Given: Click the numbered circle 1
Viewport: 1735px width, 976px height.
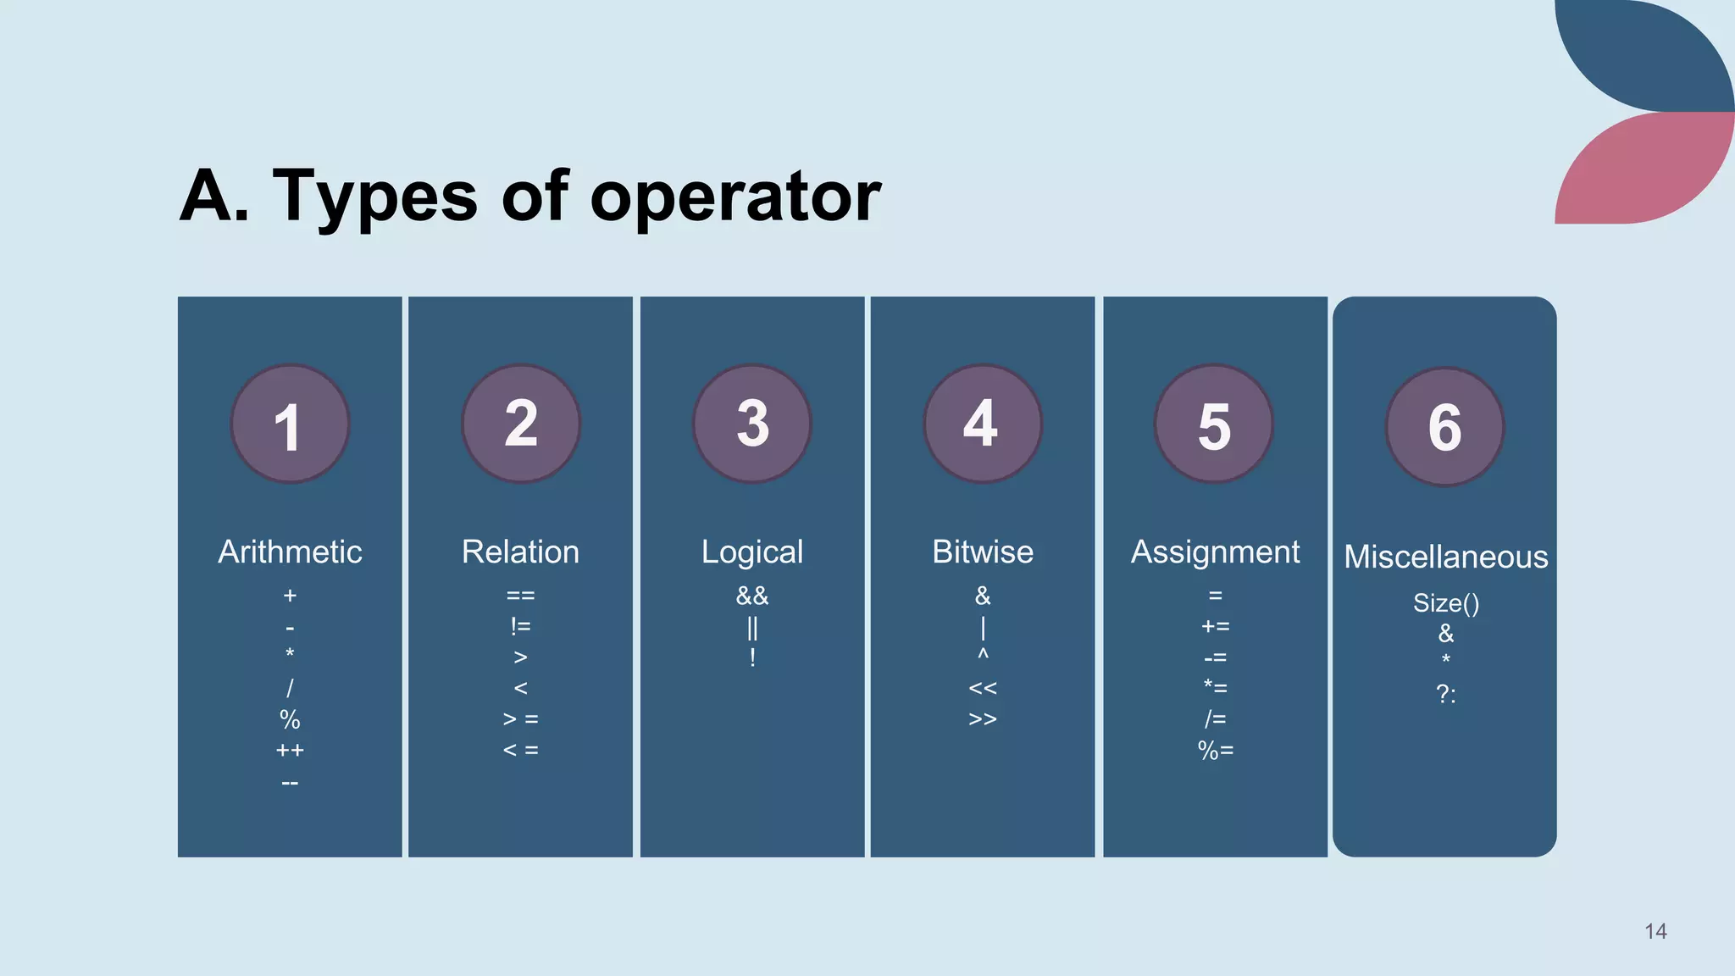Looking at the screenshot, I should point(290,424).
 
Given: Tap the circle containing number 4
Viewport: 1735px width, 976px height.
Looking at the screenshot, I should point(983,424).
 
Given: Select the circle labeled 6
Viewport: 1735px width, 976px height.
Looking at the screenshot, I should point(1444,427).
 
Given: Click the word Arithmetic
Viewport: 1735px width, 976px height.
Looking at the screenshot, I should point(290,552).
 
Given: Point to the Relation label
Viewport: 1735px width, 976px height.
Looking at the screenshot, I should point(520,552).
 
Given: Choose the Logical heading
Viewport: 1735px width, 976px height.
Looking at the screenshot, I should point(752,552).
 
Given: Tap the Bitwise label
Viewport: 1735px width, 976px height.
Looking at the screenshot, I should point(983,552).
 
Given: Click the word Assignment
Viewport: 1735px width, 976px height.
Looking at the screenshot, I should point(1215,552).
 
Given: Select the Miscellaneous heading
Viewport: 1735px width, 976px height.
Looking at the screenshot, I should point(1445,557).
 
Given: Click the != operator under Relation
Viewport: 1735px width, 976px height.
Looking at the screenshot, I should point(520,626).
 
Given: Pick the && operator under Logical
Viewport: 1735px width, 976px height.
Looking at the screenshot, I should point(752,596).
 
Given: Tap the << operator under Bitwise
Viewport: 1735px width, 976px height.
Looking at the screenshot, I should point(983,688).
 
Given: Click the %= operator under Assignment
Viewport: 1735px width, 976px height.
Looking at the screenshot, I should point(1215,750).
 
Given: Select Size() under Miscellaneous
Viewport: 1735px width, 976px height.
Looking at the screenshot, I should point(1445,602).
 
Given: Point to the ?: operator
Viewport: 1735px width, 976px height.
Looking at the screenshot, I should point(1445,694).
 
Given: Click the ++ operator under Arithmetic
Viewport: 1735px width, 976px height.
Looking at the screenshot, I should point(290,750).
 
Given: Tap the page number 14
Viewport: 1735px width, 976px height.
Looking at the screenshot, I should point(1655,931).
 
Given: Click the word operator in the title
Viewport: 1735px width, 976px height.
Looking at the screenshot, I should point(734,197).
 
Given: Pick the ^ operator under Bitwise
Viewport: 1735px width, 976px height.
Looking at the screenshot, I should point(983,655).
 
